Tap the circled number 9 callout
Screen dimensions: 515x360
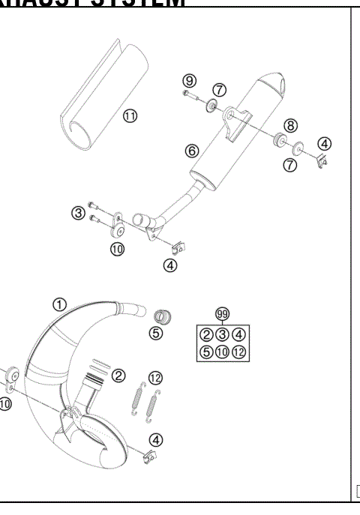click(188, 81)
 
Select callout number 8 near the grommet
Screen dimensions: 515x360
click(291, 126)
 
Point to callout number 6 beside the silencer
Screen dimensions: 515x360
click(192, 151)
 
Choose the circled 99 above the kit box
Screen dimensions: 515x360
click(221, 313)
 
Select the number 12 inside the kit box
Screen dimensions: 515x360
click(239, 351)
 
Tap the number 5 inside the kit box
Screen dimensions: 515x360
click(204, 351)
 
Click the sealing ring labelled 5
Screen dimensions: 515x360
click(160, 314)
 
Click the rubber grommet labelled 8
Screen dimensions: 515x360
click(280, 140)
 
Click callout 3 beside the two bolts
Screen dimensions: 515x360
click(77, 214)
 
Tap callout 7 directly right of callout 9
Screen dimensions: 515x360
click(219, 90)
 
